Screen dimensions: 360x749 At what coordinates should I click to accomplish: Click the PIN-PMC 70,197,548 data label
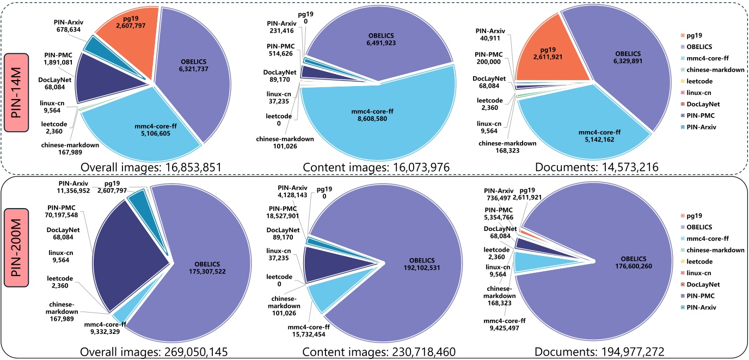pos(72,211)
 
